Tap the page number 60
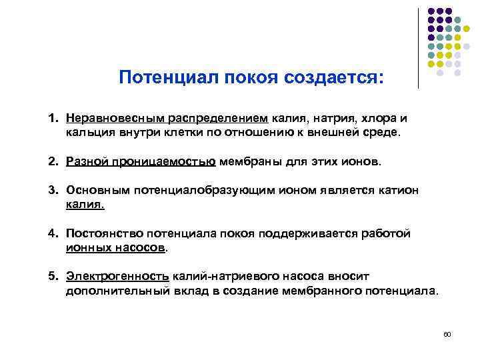coord(447,333)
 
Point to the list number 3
coord(53,191)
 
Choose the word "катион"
coord(397,191)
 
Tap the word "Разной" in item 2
coord(87,161)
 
